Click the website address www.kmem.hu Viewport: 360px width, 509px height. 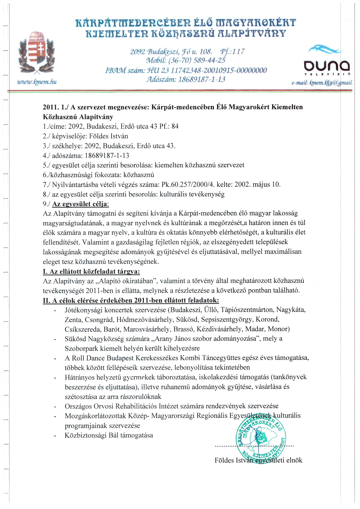tap(37, 82)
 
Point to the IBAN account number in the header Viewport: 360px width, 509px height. tap(186, 70)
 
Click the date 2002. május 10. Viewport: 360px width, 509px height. tap(257, 185)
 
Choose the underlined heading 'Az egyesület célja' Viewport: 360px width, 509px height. tap(79, 204)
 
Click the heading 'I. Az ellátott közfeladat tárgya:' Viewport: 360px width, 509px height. tap(91, 272)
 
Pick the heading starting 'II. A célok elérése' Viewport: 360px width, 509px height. tap(131, 300)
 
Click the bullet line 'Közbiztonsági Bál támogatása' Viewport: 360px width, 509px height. tap(109, 435)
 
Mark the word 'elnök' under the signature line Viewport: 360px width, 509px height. tap(294, 460)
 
